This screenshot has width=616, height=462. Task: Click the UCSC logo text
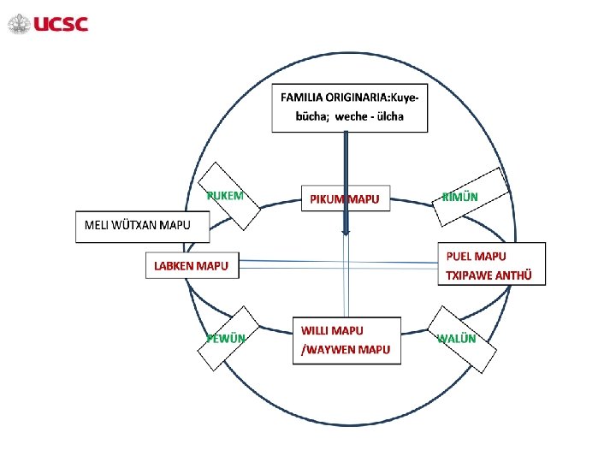pos(61,24)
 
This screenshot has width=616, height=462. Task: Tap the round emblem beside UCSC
pos(19,24)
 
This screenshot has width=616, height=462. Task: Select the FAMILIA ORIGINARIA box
pos(350,108)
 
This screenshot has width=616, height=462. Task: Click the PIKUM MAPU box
pos(345,199)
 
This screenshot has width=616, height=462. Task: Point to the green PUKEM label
pos(225,195)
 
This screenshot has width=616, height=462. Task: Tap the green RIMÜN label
pos(460,198)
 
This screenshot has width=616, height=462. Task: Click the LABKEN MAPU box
pos(191,266)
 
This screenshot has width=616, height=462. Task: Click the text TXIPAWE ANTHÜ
pos(489,275)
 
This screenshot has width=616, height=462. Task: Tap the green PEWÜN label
pos(226,338)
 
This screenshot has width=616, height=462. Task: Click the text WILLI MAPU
pos(332,330)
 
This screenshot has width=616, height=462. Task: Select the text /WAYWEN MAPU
pos(346,349)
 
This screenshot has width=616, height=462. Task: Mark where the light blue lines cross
pos(346,266)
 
